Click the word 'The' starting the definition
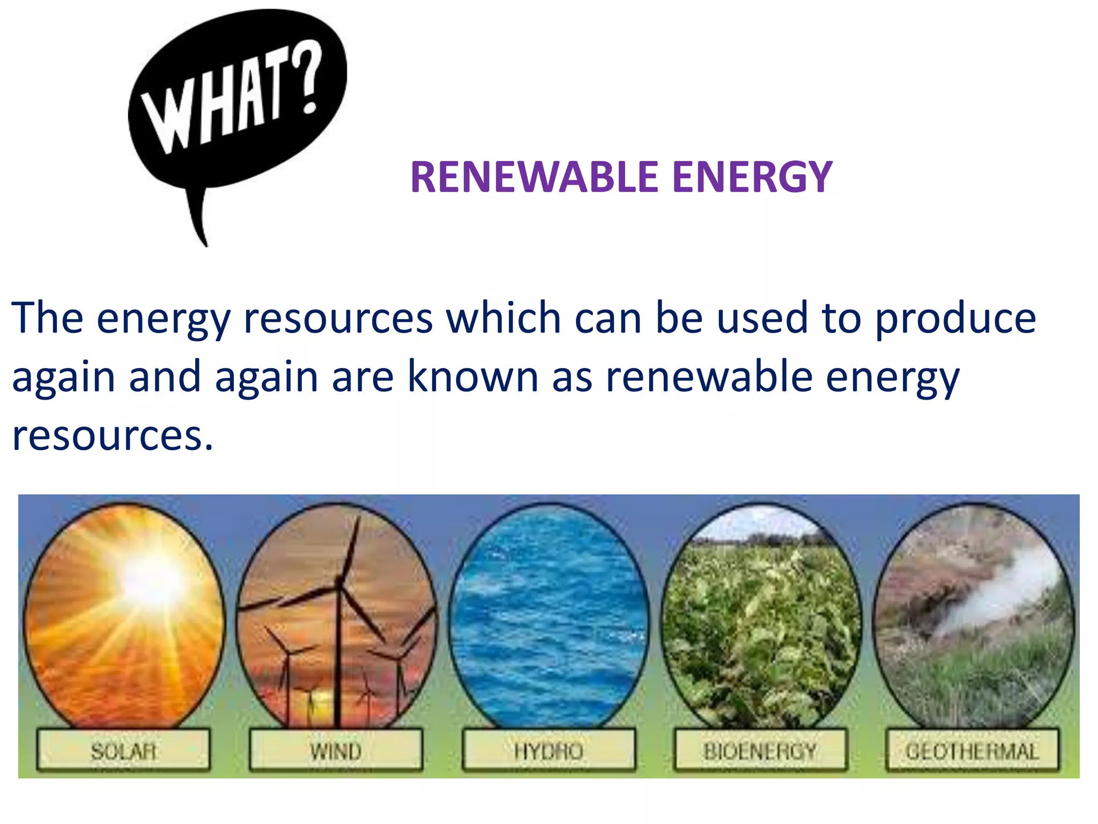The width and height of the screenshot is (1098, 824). click(47, 318)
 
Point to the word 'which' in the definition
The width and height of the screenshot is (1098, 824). click(504, 318)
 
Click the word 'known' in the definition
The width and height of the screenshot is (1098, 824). click(473, 377)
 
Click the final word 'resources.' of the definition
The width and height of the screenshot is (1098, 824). click(113, 436)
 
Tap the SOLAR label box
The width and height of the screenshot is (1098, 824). click(123, 751)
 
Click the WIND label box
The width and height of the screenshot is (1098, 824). click(336, 751)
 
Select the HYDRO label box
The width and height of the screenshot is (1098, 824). click(548, 751)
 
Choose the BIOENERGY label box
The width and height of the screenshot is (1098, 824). click(760, 751)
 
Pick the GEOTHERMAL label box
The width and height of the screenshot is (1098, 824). click(973, 751)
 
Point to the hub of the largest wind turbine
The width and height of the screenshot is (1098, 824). click(338, 582)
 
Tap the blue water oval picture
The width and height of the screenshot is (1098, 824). click(548, 617)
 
